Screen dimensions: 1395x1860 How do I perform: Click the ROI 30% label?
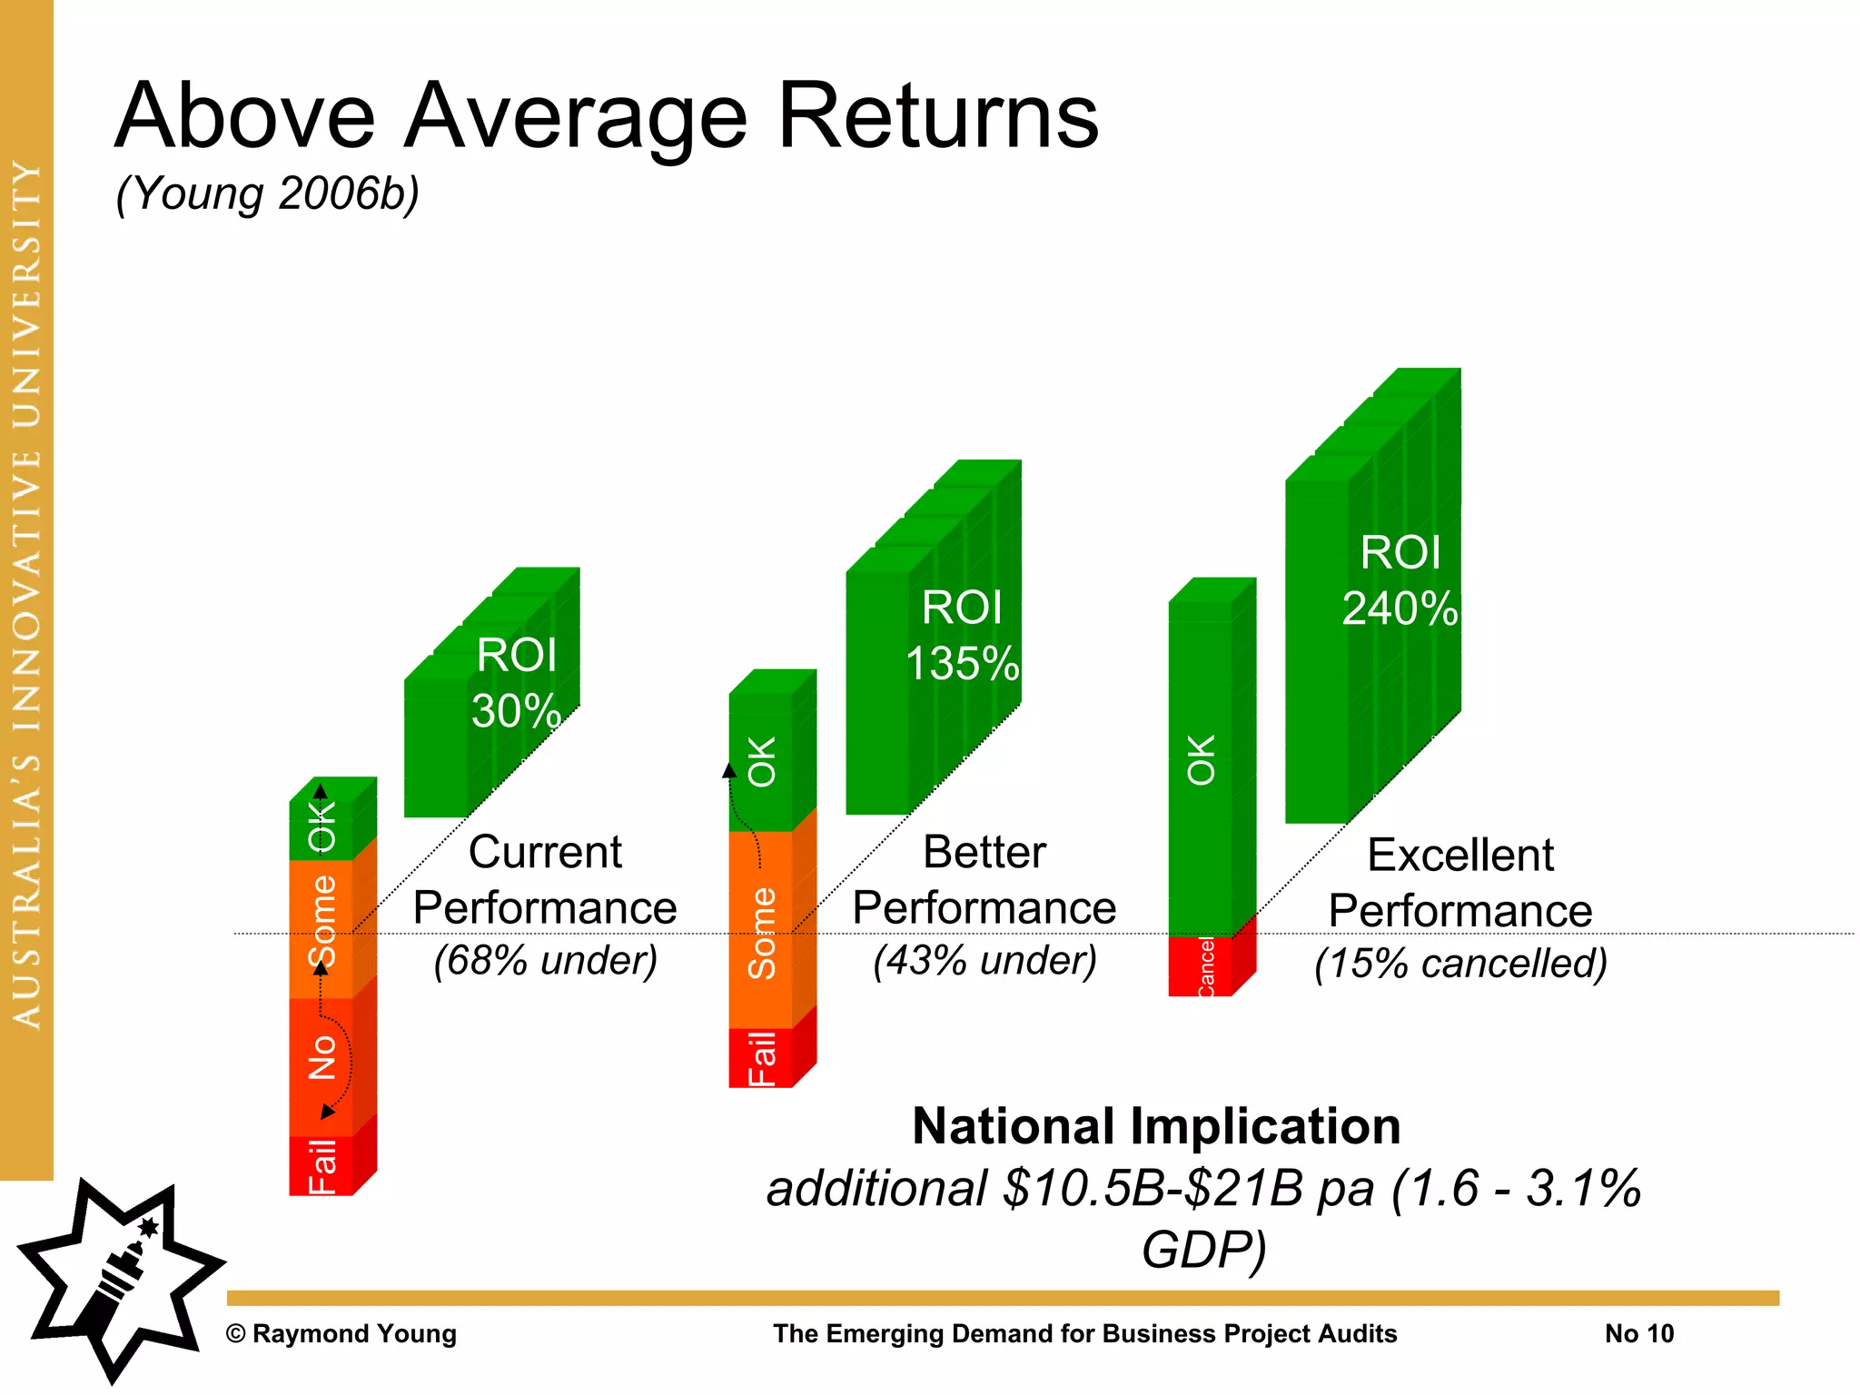tap(516, 683)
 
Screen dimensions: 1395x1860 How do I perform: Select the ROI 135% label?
tap(962, 636)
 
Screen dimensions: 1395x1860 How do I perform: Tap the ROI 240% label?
tap(1400, 580)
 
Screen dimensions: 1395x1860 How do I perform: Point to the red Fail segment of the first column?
tap(322, 1166)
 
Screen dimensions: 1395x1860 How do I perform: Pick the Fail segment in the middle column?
tap(761, 1058)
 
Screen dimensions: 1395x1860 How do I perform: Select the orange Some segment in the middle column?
tap(761, 931)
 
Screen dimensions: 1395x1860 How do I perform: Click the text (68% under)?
tap(545, 961)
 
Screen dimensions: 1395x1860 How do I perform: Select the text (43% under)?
tap(984, 961)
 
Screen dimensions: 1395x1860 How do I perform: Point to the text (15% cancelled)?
tap(1460, 964)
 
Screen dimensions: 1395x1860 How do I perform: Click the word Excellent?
tap(1460, 856)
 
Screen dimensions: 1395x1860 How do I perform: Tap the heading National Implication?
tap(1156, 1126)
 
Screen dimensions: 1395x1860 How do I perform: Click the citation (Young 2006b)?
tap(268, 193)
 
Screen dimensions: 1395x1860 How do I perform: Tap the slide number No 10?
tap(1638, 1333)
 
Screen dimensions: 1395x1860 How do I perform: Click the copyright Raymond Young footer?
tap(341, 1333)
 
